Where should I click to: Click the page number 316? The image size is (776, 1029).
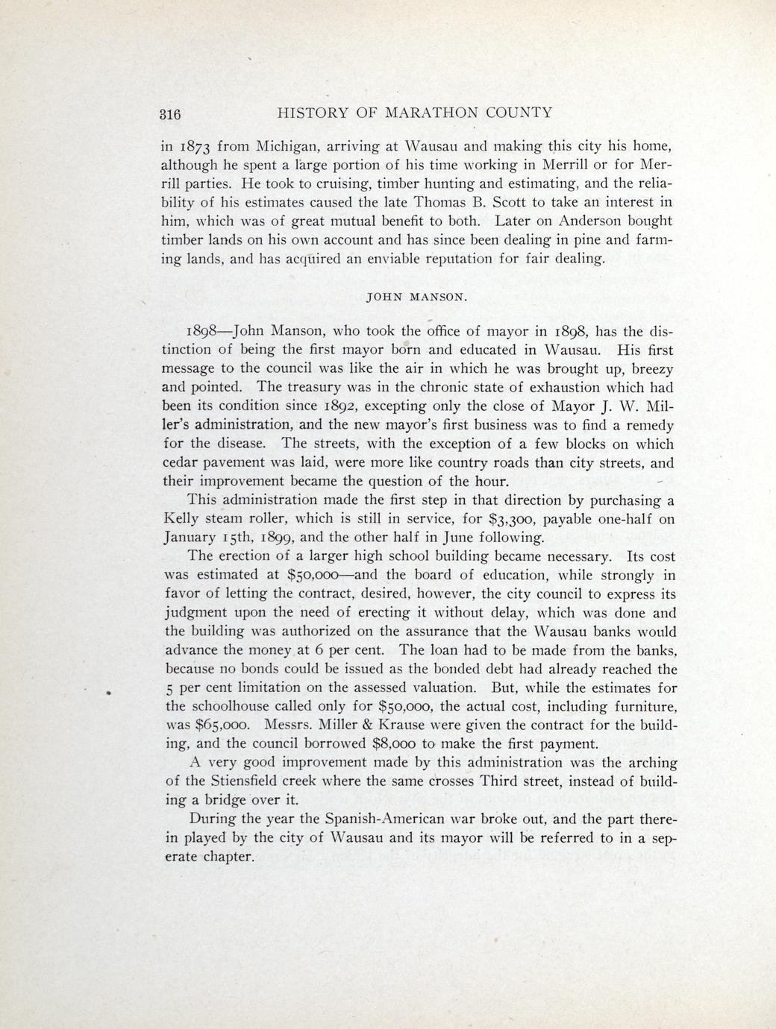coord(170,114)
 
